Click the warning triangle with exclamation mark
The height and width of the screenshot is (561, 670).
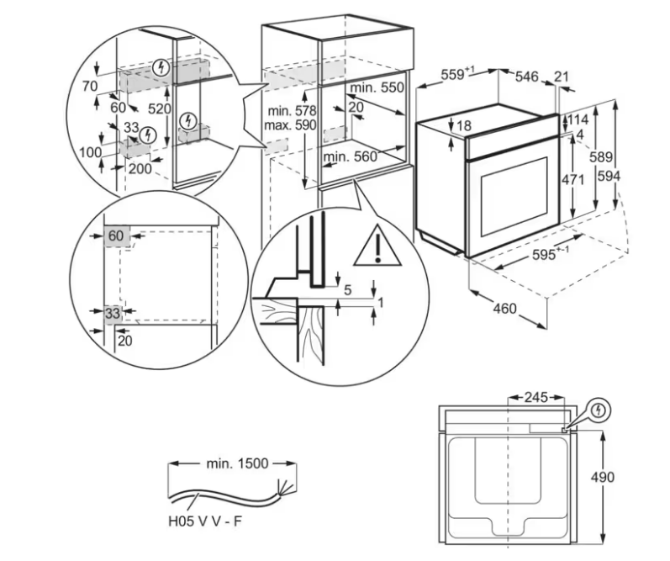tap(377, 246)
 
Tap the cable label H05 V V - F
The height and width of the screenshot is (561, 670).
tap(205, 521)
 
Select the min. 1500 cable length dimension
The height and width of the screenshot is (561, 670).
tap(238, 463)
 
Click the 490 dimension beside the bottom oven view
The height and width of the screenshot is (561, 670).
tap(603, 477)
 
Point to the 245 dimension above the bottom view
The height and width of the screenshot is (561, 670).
tap(535, 398)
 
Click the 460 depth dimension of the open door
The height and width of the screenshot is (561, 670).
tap(504, 309)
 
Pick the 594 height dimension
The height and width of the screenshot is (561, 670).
tap(609, 176)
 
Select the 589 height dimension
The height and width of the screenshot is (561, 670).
tap(601, 157)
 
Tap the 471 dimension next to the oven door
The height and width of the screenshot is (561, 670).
tap(572, 180)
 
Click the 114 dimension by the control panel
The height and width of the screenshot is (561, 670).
tap(578, 119)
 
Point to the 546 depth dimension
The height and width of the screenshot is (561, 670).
tap(527, 77)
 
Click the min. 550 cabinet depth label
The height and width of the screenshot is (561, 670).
tap(377, 87)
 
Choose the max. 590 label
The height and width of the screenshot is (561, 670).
tap(290, 125)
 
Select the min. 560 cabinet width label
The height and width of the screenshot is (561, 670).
tap(351, 157)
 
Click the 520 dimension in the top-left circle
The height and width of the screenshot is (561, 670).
tap(160, 109)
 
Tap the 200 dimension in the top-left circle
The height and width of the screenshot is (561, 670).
tap(140, 168)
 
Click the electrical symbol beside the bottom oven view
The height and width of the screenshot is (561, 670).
tap(599, 410)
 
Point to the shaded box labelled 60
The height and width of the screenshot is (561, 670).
tap(117, 236)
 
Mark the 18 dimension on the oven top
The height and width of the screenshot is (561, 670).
tap(464, 125)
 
